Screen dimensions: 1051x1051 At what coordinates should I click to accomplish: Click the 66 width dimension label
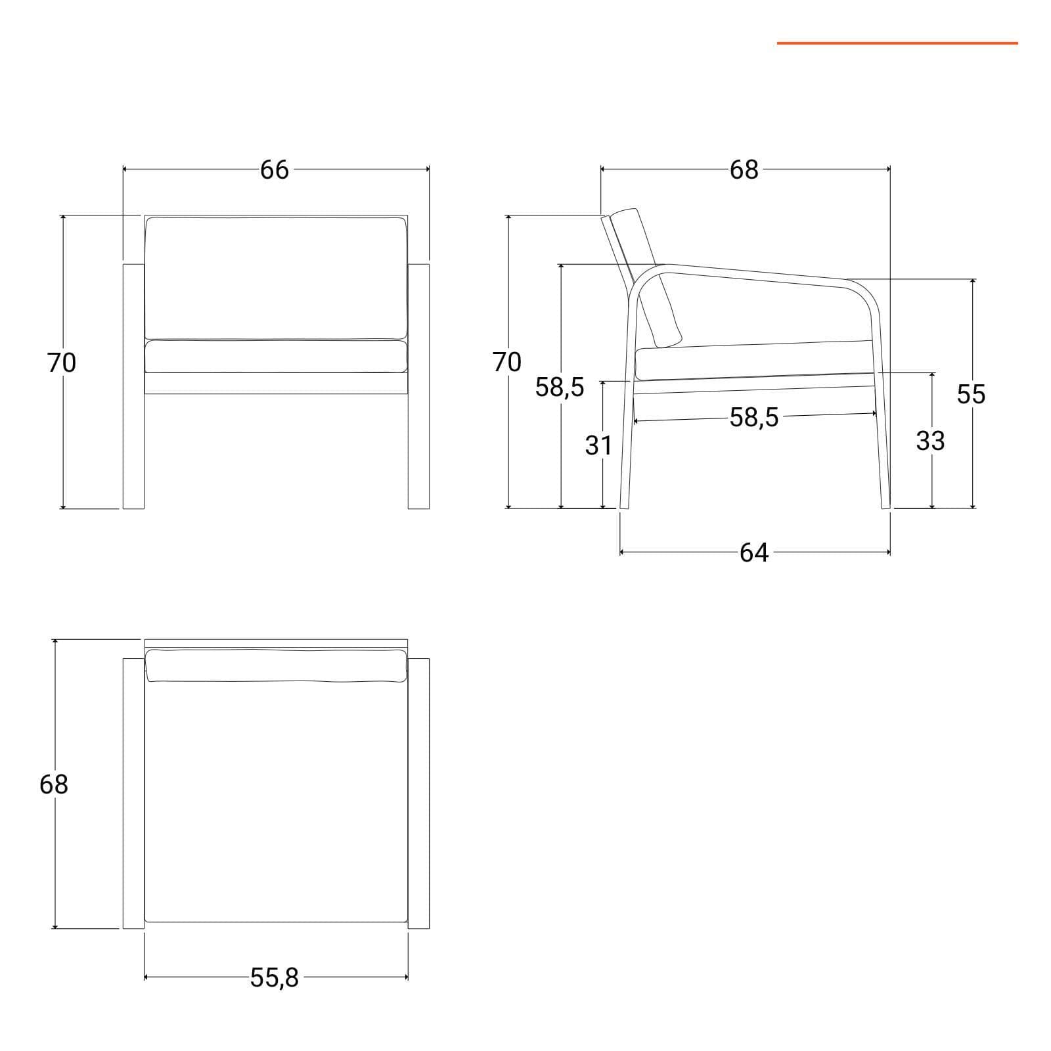click(275, 169)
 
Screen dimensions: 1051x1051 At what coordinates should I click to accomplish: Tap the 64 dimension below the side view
click(753, 552)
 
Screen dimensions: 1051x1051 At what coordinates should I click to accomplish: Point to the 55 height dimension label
click(971, 394)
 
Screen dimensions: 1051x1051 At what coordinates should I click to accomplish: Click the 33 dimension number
click(930, 441)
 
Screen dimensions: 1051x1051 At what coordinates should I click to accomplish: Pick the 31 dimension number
click(598, 445)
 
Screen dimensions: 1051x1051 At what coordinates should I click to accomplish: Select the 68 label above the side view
click(744, 169)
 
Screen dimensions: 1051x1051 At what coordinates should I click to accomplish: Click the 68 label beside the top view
click(54, 784)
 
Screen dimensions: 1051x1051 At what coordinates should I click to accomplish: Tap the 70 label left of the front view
click(62, 362)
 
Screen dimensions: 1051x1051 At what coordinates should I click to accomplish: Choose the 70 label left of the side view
click(507, 362)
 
